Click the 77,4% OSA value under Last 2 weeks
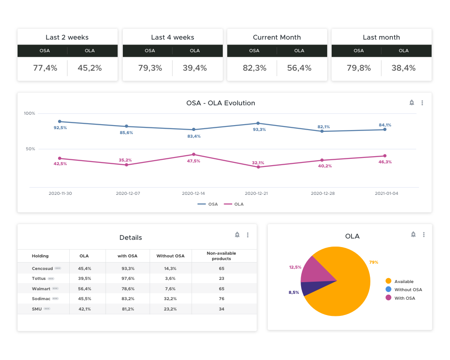[45, 68]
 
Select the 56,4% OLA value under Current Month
[299, 68]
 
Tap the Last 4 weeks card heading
[172, 37]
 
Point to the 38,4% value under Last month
[404, 68]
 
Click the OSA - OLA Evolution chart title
[220, 103]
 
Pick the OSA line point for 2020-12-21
[258, 123]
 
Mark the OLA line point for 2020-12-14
[193, 154]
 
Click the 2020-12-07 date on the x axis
[128, 193]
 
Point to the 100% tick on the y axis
[30, 113]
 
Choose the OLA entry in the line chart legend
[234, 204]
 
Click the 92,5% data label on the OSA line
[60, 128]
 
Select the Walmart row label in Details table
[41, 288]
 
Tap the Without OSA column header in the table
[171, 256]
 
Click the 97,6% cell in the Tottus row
[128, 279]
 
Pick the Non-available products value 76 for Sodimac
[221, 299]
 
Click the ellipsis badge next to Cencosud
[58, 268]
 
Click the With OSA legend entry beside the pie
[405, 298]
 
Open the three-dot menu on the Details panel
[247, 235]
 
